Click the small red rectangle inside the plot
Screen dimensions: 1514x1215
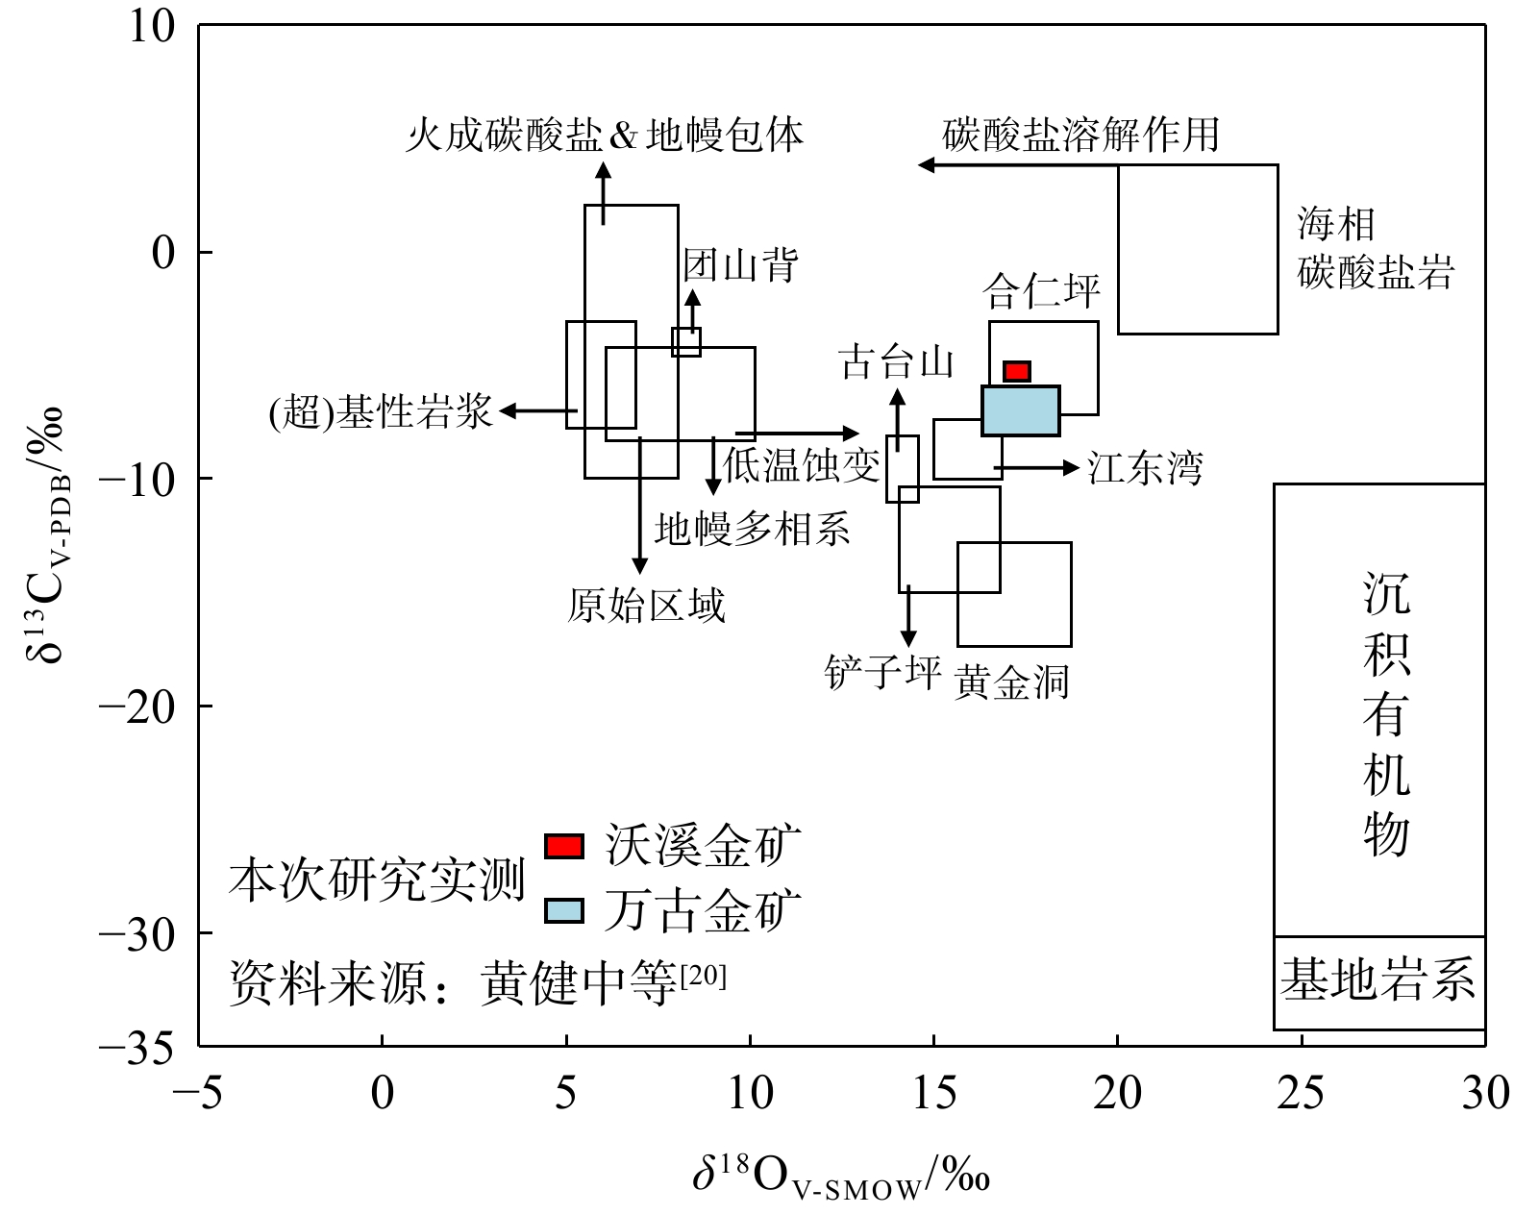pos(1017,371)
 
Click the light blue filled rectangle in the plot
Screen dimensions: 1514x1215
pos(1021,410)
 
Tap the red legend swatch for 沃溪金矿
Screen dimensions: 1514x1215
pos(564,846)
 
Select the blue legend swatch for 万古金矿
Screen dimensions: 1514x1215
pos(564,911)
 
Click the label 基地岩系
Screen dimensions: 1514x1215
pos(1377,979)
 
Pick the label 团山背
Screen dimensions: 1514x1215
pos(741,265)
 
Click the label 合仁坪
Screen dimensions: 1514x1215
pos(1042,291)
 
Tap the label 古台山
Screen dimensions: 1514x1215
pos(896,361)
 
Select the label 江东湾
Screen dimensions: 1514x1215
pos(1145,467)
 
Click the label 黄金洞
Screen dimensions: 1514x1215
pos(1011,681)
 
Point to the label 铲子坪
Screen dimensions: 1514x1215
pos(883,672)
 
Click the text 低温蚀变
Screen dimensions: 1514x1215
pos(802,465)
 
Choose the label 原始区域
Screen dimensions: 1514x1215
pos(647,605)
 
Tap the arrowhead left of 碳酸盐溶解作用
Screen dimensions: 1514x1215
pos(927,165)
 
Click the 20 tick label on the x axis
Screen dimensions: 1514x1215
pos(1117,1093)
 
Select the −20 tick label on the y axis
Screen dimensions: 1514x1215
pos(137,707)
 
